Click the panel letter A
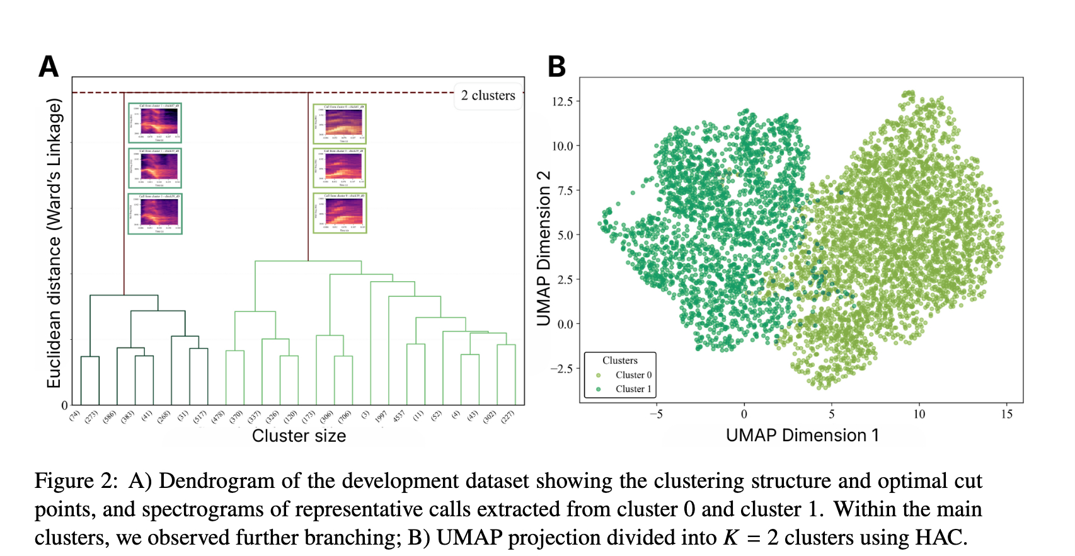coord(49,67)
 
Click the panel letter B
coord(556,67)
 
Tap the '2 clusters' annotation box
coord(488,96)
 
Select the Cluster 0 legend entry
coord(633,375)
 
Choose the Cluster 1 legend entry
coord(633,389)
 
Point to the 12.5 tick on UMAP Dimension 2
coord(562,101)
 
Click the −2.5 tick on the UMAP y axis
coord(561,369)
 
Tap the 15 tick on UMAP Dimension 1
coord(1006,414)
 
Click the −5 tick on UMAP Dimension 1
coord(656,414)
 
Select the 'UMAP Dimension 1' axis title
coord(802,436)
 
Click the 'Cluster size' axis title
coord(299,436)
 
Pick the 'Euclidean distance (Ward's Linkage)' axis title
coord(54,243)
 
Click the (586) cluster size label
coord(110,417)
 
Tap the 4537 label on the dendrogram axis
coord(399,417)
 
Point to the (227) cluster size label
coord(508,417)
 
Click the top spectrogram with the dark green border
coord(155,123)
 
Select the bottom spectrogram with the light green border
coord(340,213)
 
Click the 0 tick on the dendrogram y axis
coord(64,405)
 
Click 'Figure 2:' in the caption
coord(76,481)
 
